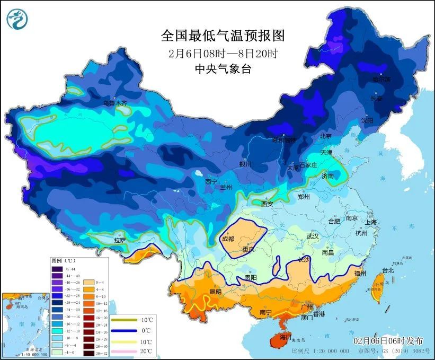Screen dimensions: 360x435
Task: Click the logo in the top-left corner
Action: [16, 19]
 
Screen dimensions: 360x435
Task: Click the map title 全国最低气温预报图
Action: [223, 36]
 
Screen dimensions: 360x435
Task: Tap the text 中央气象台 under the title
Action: [223, 69]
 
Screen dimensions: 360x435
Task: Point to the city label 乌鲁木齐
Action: [115, 103]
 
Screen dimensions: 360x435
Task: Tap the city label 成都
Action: [228, 239]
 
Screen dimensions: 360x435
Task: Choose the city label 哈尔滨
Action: [380, 80]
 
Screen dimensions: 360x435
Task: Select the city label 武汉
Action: [313, 236]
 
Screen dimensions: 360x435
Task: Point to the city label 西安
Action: [267, 204]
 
